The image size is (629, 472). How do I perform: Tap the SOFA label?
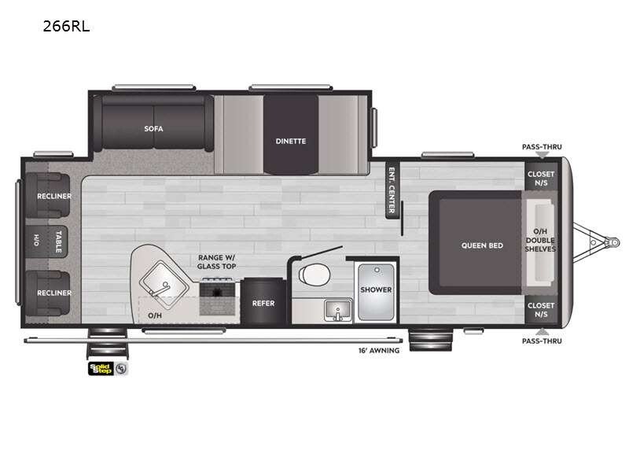(x=153, y=127)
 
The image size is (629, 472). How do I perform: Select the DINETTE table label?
(x=290, y=141)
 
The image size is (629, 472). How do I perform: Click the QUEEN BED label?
(x=482, y=245)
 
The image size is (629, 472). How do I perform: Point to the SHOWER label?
(x=376, y=289)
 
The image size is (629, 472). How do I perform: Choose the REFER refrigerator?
(x=263, y=302)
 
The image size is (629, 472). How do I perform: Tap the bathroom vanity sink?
(x=338, y=312)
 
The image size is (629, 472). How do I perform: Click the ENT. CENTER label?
(x=391, y=190)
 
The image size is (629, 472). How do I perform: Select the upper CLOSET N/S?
(x=540, y=179)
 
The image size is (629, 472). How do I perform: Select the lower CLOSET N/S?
(x=540, y=309)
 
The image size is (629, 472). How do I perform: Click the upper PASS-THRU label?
(x=542, y=146)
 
